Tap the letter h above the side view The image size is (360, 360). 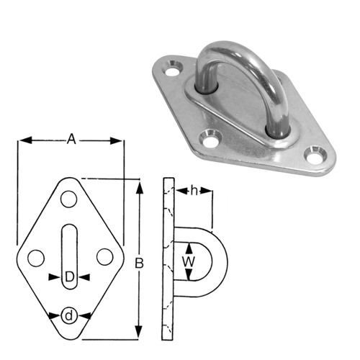click(193, 191)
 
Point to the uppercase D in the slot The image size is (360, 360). click(68, 277)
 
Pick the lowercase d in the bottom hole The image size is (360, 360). click(69, 315)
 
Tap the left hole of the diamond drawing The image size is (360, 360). click(34, 256)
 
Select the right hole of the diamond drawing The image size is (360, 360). click(104, 256)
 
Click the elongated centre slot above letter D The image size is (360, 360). click(68, 245)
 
